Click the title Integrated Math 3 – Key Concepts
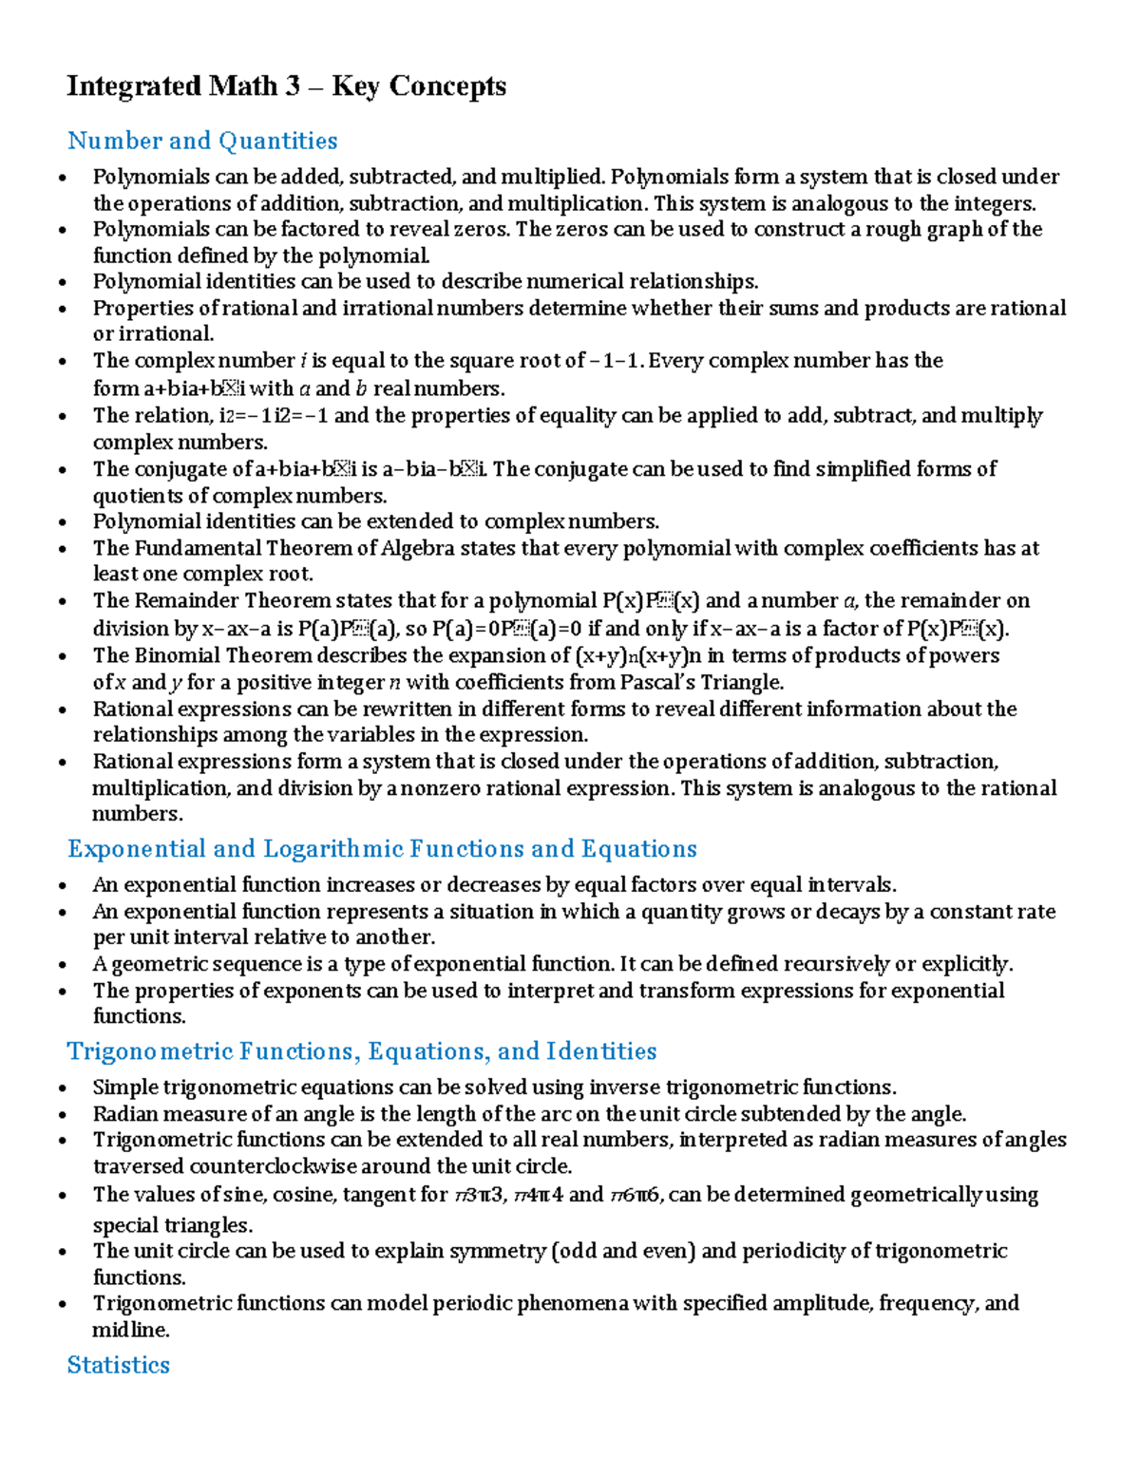[x=286, y=86]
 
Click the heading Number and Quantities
[x=202, y=141]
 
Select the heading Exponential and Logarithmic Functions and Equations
[x=382, y=848]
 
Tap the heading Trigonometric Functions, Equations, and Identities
[x=362, y=1050]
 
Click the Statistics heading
[x=119, y=1365]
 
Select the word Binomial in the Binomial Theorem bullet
[x=176, y=655]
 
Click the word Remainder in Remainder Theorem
[x=186, y=600]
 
